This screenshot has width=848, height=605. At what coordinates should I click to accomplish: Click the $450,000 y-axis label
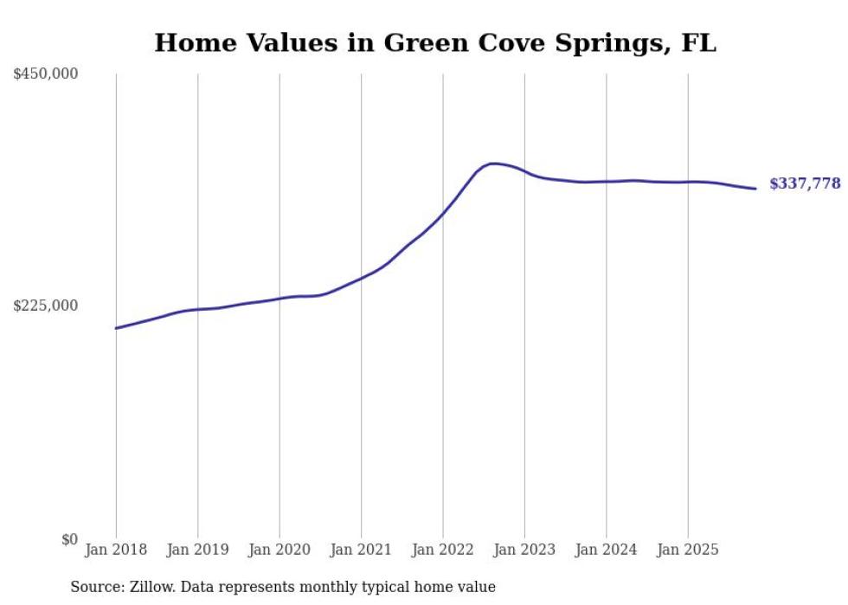coord(46,74)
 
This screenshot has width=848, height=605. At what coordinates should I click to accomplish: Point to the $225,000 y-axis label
coord(46,306)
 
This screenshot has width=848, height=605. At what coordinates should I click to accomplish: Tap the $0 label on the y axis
coord(69,539)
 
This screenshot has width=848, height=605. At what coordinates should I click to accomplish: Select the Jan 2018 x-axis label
coord(116,550)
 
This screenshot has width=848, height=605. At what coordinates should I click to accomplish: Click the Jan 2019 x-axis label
coord(197,550)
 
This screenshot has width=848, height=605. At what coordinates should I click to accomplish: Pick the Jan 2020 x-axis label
coord(279,550)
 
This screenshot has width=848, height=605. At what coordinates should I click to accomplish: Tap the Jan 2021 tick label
coord(361,550)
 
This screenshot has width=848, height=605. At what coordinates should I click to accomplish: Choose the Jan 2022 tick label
coord(443,550)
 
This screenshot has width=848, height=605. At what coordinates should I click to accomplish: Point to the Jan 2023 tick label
coord(524,550)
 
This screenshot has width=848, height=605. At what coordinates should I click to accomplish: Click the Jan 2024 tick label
coord(607,550)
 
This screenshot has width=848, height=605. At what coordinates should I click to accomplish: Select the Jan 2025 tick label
coord(688,550)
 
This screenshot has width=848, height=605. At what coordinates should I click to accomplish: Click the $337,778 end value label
coord(805,183)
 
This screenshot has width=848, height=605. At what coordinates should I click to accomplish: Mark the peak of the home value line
coord(493,164)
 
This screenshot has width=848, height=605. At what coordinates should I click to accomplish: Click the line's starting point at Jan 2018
coord(116,328)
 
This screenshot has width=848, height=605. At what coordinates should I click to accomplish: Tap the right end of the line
coord(756,189)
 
